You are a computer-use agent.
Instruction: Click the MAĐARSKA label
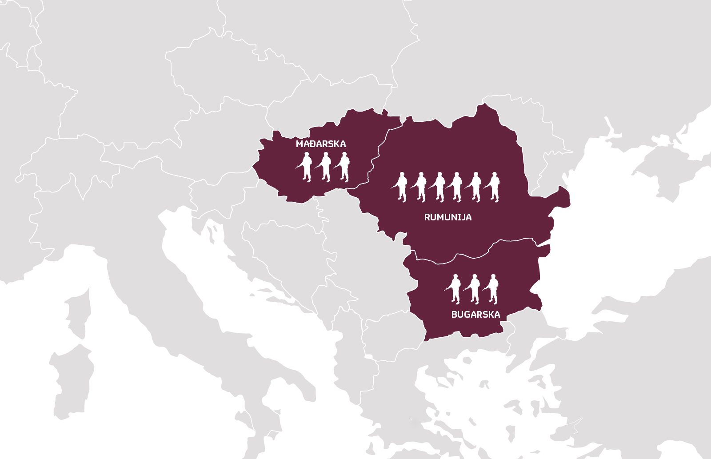click(320, 144)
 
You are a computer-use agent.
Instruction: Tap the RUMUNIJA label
click(447, 217)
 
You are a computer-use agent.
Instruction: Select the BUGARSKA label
click(475, 315)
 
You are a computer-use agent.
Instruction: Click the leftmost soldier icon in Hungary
click(306, 167)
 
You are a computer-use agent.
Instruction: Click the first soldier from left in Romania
click(402, 187)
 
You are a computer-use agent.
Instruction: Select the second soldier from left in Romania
click(420, 187)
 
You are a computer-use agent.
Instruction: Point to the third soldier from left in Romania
click(439, 187)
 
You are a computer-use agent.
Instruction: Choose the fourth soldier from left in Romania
click(456, 187)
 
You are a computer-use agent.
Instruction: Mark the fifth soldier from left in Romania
click(475, 187)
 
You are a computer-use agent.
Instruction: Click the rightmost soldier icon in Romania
click(494, 187)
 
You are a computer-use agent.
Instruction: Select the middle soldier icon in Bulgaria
click(474, 289)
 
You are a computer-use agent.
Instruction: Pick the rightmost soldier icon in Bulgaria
click(492, 289)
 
